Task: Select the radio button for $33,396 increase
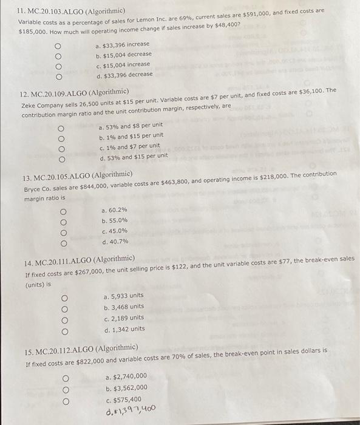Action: click(58, 46)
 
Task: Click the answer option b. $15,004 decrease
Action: click(124, 54)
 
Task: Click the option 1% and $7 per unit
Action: click(129, 146)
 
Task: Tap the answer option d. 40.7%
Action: click(116, 242)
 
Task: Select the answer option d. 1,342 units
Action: click(124, 329)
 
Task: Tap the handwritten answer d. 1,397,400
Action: click(131, 407)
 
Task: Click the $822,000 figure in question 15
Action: click(87, 362)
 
